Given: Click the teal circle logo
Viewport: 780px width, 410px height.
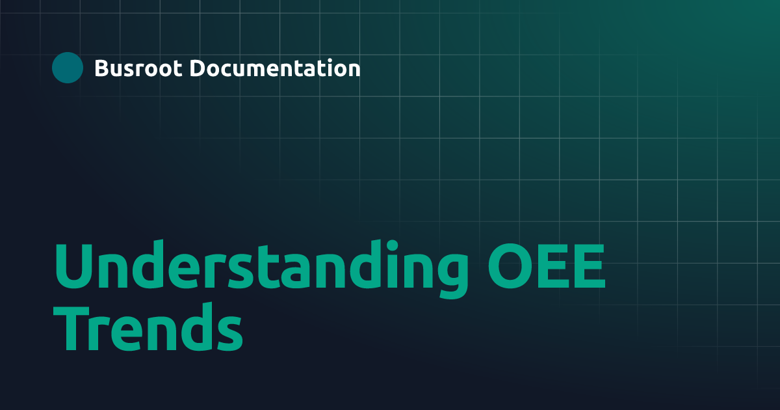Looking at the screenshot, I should point(68,68).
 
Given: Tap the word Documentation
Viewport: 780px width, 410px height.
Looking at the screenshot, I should point(275,68).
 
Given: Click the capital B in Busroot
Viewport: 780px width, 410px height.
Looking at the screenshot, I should point(101,68).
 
